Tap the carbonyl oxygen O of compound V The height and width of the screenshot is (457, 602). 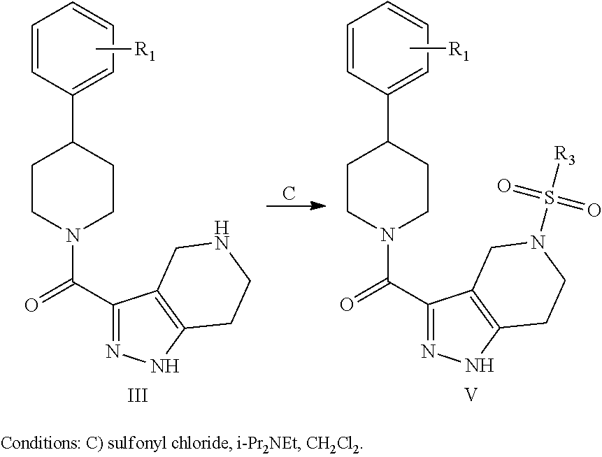click(x=345, y=305)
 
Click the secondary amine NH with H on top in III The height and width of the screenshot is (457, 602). click(x=221, y=236)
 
